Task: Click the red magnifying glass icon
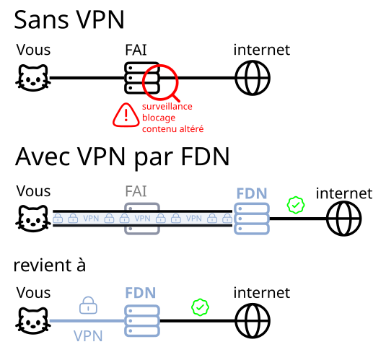pyautogui.click(x=160, y=81)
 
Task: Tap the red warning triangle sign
pyautogui.click(x=126, y=115)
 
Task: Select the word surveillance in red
pyautogui.click(x=167, y=106)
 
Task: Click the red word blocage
pyautogui.click(x=158, y=118)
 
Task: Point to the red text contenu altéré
pyautogui.click(x=172, y=129)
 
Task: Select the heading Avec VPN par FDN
pyautogui.click(x=122, y=156)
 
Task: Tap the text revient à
pyautogui.click(x=50, y=265)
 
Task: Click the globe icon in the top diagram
pyautogui.click(x=253, y=77)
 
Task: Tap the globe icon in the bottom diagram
pyautogui.click(x=253, y=320)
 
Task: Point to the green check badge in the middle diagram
pyautogui.click(x=296, y=205)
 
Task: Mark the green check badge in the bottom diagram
pyautogui.click(x=200, y=307)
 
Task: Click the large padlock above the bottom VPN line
pyautogui.click(x=88, y=304)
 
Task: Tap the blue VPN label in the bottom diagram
pyautogui.click(x=88, y=335)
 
